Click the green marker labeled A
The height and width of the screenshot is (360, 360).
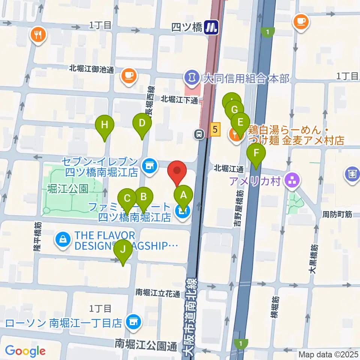coord(183,195)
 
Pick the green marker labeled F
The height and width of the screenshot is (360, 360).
coord(256,153)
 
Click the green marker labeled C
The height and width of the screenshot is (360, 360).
coord(127,198)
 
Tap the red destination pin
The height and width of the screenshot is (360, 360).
coord(177,172)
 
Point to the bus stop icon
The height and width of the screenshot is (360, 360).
coord(199,133)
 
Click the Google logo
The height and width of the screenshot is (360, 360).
coord(25,351)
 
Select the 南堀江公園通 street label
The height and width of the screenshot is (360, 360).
coord(146,344)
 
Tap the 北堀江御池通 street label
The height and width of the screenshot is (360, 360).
coord(91,69)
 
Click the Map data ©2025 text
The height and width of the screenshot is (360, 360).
coord(328,354)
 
